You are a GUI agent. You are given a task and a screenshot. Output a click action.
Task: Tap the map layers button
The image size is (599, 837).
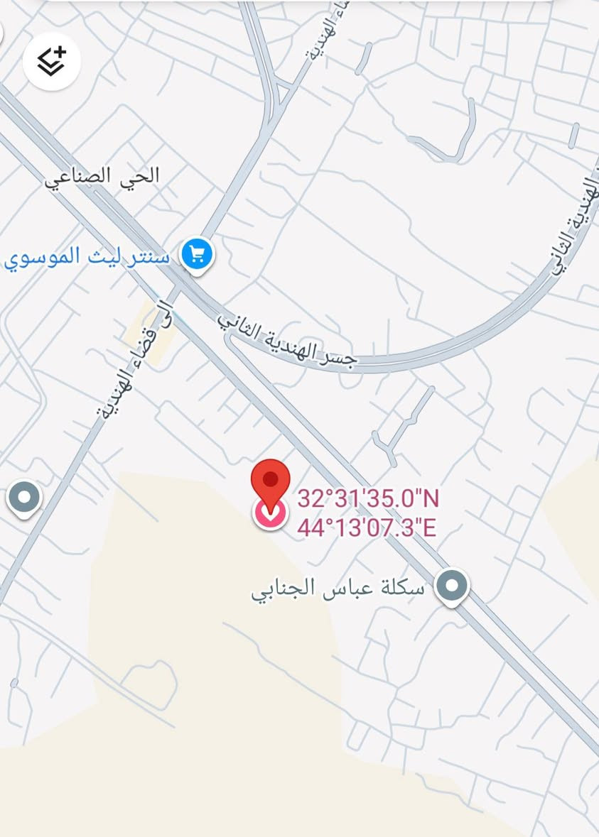pos(51,61)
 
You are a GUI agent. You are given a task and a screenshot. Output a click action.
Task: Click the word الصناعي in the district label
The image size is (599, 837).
pos(78,176)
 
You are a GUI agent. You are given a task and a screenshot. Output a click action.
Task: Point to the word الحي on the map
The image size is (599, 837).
pos(140,175)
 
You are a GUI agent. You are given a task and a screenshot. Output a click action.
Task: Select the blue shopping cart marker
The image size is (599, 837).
pos(197,254)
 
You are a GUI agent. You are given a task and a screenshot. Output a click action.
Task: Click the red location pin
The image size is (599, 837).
pos(271,481)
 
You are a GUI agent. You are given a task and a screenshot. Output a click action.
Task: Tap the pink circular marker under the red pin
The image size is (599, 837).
pos(270,513)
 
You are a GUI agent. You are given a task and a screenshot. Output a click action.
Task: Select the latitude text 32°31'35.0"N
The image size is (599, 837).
pos(367,498)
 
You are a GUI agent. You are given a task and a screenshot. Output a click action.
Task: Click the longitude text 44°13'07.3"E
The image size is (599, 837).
pos(366,528)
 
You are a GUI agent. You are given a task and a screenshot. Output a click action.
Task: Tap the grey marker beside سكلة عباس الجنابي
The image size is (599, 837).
pos(452,586)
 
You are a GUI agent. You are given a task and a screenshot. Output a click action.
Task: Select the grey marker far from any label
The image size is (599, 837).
pos(24,498)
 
